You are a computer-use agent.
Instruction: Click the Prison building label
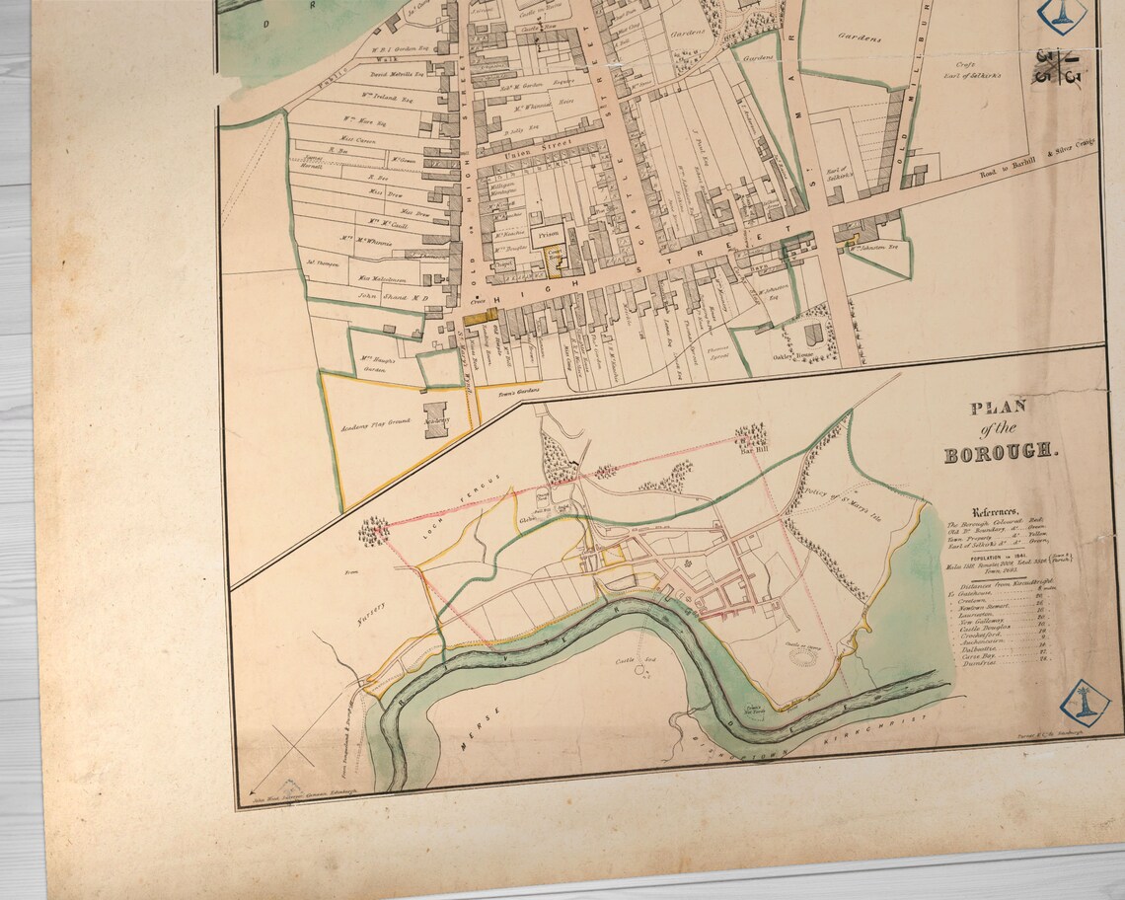[551, 235]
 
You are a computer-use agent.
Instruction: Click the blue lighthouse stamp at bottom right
[1084, 700]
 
